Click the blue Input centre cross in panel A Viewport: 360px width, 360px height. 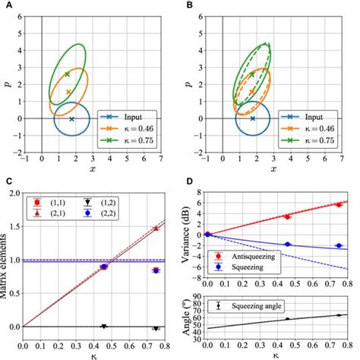tap(72, 119)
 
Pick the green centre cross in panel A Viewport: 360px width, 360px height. tap(67, 74)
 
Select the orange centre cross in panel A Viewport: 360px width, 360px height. tap(69, 92)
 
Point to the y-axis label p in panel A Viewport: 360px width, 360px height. tap(6, 76)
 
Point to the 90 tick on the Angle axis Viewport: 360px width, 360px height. tap(199, 296)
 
